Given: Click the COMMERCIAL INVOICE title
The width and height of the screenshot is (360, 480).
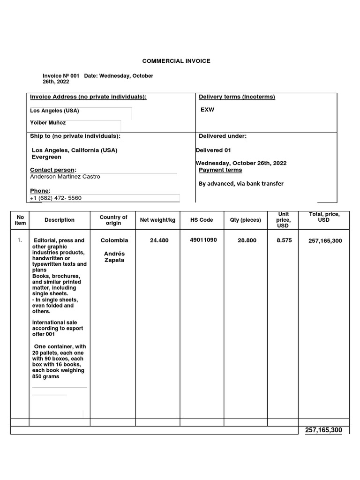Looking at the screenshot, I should (x=176, y=61).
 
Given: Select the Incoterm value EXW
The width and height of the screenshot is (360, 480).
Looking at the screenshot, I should (x=208, y=110).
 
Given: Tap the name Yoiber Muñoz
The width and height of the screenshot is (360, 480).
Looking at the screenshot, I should (x=48, y=123).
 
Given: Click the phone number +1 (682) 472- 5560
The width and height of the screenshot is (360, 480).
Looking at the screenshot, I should (x=56, y=198).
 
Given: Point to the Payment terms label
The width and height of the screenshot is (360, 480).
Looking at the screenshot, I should (x=220, y=170).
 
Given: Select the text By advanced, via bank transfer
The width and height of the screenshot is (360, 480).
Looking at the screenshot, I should (x=241, y=184).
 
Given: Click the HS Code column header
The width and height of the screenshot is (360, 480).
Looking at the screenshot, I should (x=202, y=220).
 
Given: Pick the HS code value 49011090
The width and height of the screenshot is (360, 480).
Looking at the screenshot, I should (x=203, y=240).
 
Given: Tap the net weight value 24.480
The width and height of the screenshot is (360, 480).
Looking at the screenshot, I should (x=159, y=240).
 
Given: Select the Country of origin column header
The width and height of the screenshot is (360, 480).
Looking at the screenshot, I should (x=113, y=220).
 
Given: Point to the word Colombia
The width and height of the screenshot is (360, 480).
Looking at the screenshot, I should (x=114, y=240).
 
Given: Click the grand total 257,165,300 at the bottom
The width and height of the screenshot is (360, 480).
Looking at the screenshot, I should (x=323, y=430).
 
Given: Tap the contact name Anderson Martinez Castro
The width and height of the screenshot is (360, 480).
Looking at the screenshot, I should (x=65, y=177).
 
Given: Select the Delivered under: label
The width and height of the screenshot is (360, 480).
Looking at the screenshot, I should (x=222, y=136).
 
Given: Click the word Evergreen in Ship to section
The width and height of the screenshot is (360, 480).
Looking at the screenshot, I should (x=46, y=157).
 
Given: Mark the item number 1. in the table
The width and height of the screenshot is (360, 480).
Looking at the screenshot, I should (x=20, y=240).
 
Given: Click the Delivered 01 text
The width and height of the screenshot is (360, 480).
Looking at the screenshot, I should (x=213, y=150).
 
